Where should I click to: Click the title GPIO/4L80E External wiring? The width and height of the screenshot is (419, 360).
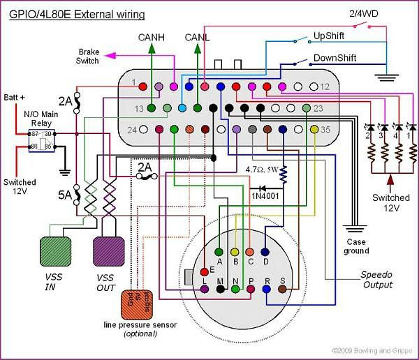pyautogui.click(x=78, y=13)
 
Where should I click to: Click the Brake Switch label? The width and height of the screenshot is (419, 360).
pyautogui.click(x=89, y=57)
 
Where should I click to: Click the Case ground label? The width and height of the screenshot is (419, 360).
pyautogui.click(x=355, y=246)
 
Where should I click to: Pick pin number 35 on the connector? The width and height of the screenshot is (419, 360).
pyautogui.click(x=325, y=129)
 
